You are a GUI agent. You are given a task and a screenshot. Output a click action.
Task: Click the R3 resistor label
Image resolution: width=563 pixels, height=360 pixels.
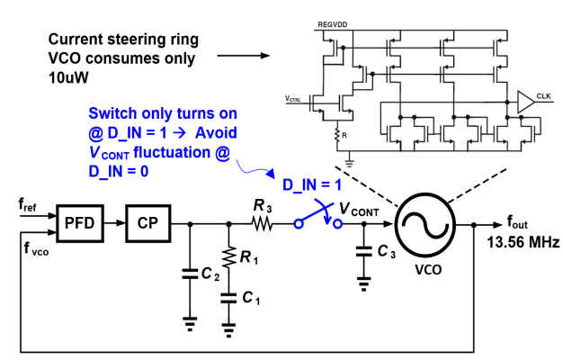(263, 205)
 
